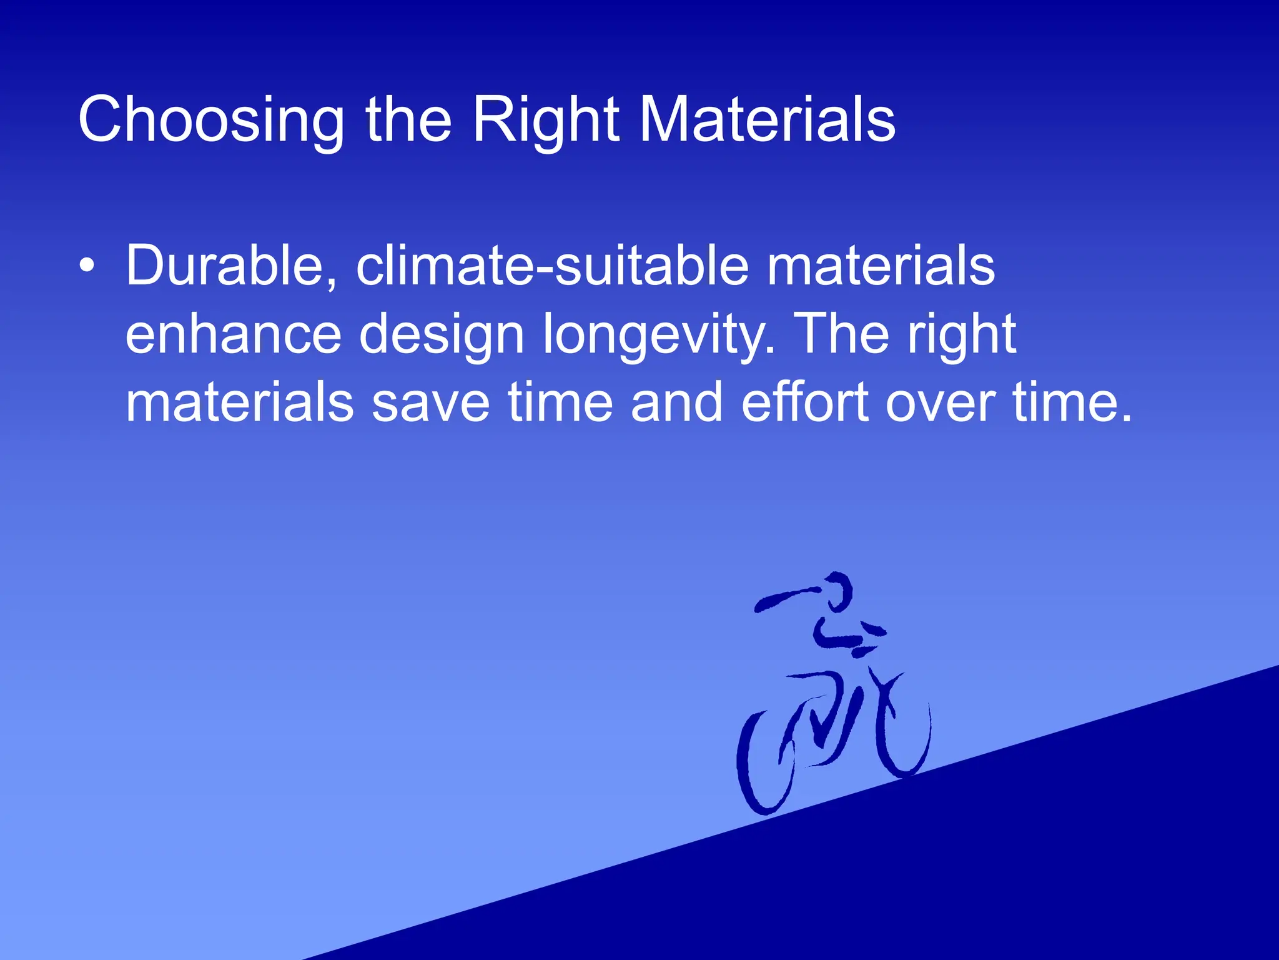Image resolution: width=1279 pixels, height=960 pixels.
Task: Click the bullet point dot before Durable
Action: [x=87, y=266]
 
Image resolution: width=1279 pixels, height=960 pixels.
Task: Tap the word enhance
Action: [x=234, y=335]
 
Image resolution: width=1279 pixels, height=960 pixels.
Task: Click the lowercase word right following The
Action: [x=962, y=336]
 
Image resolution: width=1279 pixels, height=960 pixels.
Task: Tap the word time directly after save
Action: [x=560, y=402]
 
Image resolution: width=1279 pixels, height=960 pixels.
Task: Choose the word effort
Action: [x=806, y=402]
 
